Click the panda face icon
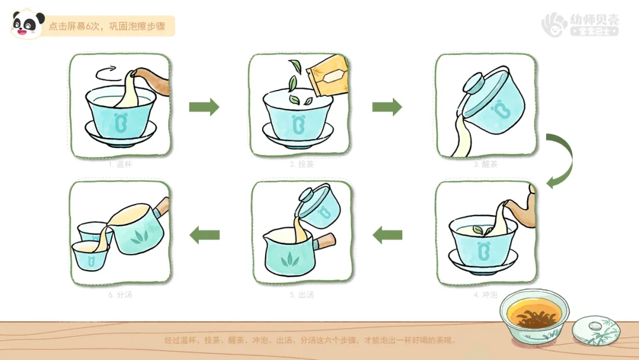(27, 24)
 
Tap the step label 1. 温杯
(120, 165)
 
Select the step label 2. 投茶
(302, 165)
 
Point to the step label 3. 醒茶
(485, 165)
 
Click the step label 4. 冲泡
(485, 294)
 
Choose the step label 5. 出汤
(302, 294)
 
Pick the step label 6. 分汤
(120, 294)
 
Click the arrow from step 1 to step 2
(204, 107)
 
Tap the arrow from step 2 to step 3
(387, 107)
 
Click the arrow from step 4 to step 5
(387, 235)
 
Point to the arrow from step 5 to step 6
(204, 235)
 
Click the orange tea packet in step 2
(328, 76)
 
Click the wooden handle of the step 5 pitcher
(325, 241)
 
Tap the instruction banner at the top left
(107, 27)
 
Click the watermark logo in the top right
(580, 24)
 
